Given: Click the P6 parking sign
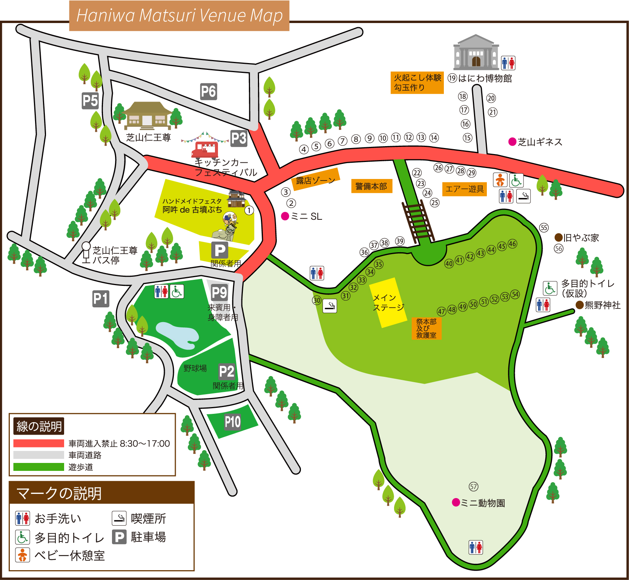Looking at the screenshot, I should pyautogui.click(x=208, y=92).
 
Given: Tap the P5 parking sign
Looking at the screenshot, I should pyautogui.click(x=90, y=101).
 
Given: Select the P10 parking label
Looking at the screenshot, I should pyautogui.click(x=232, y=422).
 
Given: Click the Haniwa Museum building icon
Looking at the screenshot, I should pyautogui.click(x=476, y=52).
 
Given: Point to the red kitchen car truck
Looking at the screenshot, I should pyautogui.click(x=205, y=150).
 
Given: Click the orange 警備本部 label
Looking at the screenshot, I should pyautogui.click(x=371, y=186).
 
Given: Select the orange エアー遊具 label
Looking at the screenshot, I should pyautogui.click(x=464, y=189).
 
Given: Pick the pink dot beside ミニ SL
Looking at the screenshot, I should pyautogui.click(x=285, y=216).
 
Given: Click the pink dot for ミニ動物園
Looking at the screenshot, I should pyautogui.click(x=456, y=502).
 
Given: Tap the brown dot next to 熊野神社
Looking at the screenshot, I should pyautogui.click(x=580, y=305).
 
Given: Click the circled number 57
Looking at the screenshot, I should pyautogui.click(x=474, y=486).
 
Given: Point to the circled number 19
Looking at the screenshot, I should pyautogui.click(x=452, y=78).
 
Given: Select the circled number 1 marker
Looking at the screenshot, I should pyautogui.click(x=249, y=210).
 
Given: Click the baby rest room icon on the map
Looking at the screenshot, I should pyautogui.click(x=500, y=180).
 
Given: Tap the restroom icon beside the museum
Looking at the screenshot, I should pyautogui.click(x=508, y=63).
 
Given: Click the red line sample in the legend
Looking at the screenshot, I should pyautogui.click(x=38, y=443).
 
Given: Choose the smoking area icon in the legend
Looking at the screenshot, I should pyautogui.click(x=119, y=518).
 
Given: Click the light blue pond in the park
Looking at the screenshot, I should pyautogui.click(x=177, y=335).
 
